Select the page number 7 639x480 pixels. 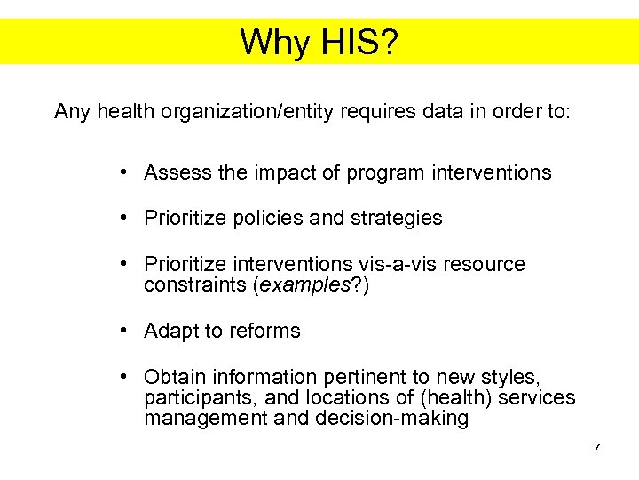click(597, 447)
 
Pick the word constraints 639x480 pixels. click(195, 285)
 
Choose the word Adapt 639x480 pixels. click(171, 331)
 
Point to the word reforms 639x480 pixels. click(264, 331)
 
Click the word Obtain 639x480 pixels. click(174, 377)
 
